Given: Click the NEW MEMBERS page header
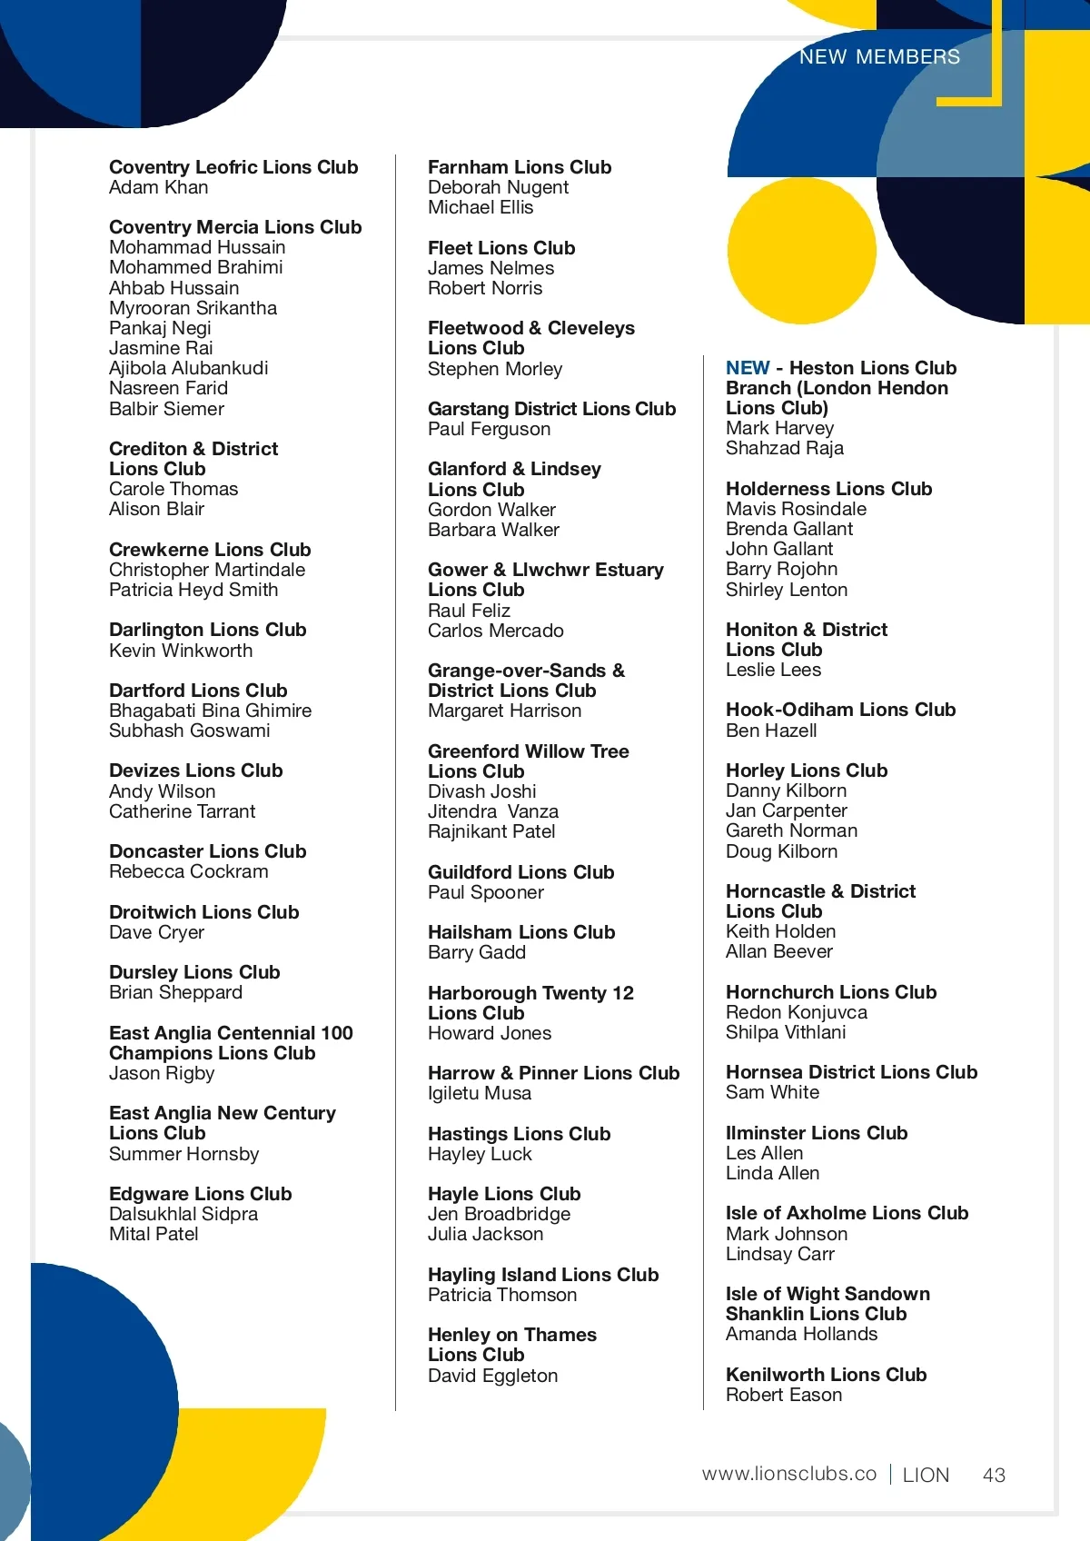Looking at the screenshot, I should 879,57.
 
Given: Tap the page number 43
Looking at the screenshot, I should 994,1475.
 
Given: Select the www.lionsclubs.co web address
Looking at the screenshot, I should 788,1474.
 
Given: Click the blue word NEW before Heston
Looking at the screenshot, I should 748,368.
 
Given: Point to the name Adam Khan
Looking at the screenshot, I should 159,188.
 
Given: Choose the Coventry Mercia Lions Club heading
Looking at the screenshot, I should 235,227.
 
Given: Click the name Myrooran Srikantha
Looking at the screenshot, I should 193,308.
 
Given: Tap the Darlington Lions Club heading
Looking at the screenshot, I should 207,630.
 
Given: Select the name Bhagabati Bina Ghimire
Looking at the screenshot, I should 210,711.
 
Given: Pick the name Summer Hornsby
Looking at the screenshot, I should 183,1154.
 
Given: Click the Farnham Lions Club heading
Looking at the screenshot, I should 520,167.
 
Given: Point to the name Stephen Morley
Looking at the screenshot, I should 495,369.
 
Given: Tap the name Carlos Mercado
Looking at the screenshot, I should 495,631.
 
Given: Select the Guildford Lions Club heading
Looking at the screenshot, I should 520,872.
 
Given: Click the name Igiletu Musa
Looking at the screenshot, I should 480,1093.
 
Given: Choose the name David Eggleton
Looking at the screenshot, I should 492,1376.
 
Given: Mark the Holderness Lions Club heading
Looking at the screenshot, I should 828,489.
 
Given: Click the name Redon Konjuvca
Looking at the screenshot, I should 796,1012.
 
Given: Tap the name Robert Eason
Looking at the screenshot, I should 783,1395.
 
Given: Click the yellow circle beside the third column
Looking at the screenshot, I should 801,250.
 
